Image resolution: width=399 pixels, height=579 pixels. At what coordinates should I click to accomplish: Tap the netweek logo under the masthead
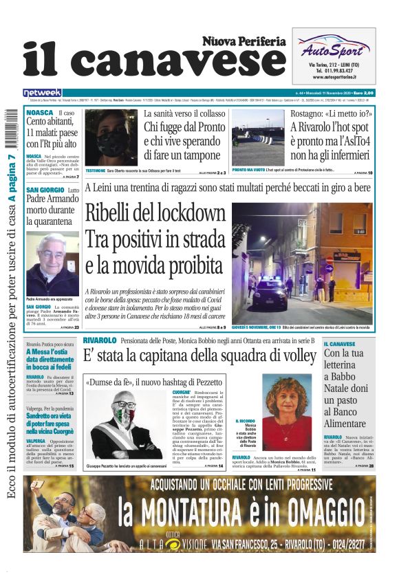(x=42, y=93)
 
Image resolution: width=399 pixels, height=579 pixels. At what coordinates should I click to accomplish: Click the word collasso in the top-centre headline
(x=205, y=113)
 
